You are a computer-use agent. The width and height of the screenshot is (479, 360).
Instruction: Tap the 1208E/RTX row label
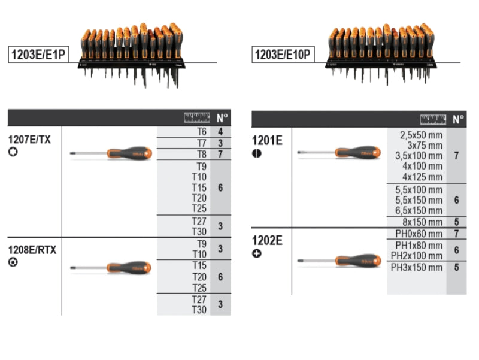(32, 250)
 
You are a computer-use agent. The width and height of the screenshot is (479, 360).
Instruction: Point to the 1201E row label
(267, 140)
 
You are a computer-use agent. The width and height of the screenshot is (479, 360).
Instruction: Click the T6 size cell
(201, 132)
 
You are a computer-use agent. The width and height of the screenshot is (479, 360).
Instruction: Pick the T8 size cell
(201, 154)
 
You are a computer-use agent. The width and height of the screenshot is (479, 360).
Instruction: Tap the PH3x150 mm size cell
(417, 267)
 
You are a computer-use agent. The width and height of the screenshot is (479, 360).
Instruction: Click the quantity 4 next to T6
(221, 132)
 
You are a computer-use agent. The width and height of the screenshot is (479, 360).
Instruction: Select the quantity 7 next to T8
(221, 154)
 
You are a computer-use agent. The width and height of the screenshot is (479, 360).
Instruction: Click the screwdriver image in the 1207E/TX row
(111, 154)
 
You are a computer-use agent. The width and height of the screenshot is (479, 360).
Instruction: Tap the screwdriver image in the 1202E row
(339, 261)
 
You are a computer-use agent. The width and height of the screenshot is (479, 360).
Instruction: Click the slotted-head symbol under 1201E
(257, 153)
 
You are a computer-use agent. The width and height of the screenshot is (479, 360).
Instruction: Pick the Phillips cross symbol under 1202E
(257, 253)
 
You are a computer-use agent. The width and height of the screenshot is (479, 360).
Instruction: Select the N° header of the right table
(458, 119)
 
